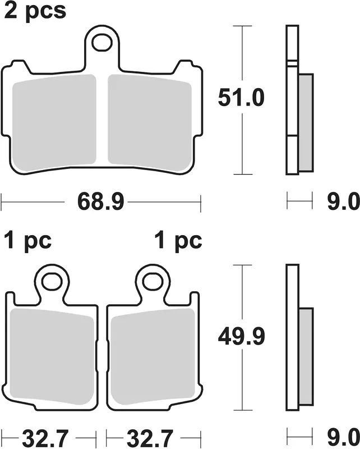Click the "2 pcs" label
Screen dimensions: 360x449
pos(35,11)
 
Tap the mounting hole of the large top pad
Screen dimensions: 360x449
pos(101,43)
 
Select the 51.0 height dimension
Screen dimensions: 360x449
pos(241,98)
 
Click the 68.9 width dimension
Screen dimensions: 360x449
pos(101,202)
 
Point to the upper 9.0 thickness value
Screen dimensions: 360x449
pos(343,201)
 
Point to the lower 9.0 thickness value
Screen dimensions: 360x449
pos(343,438)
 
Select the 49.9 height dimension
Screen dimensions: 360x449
pos(241,336)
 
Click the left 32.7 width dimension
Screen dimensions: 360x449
pos(45,438)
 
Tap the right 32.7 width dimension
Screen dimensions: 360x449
pos(150,438)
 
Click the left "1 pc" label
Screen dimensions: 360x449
pos(28,241)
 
